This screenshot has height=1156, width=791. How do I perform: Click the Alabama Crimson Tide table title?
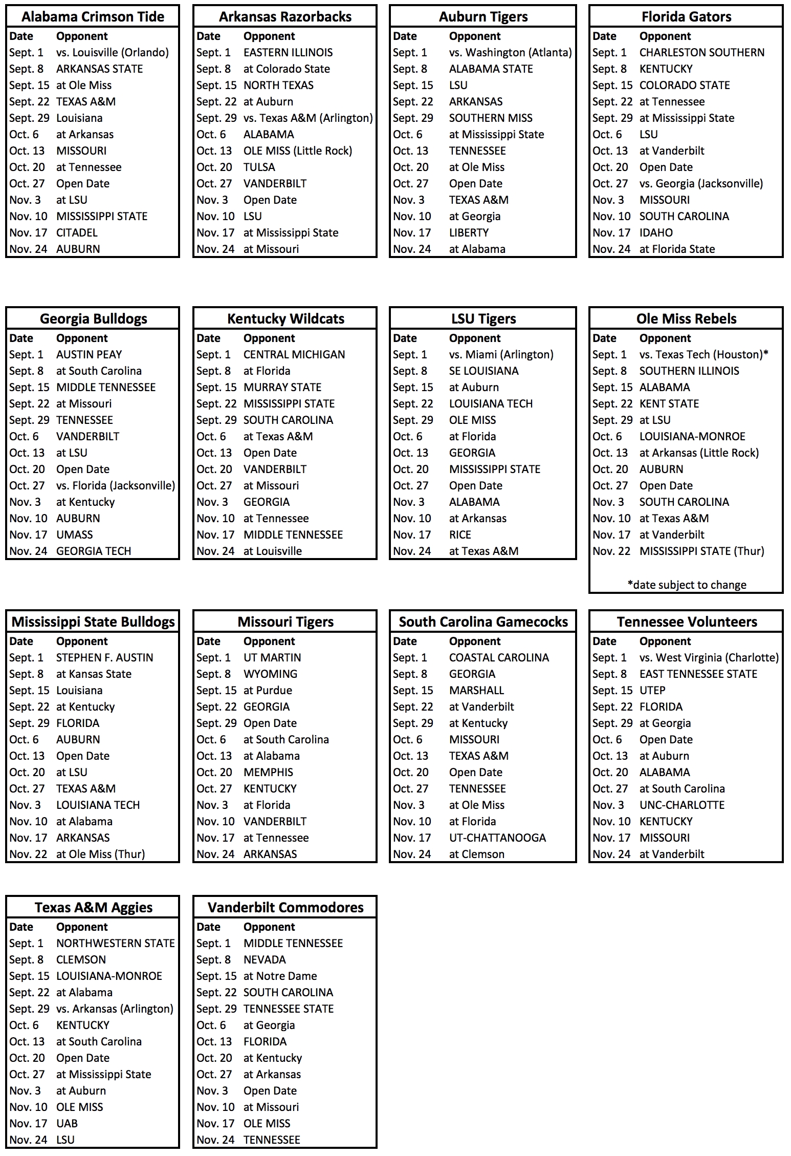(93, 17)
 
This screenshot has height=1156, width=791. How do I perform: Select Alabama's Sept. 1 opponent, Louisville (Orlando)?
(113, 53)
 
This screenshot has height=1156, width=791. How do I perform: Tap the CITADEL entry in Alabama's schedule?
(77, 233)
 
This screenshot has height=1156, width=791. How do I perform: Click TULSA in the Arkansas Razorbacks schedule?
(259, 167)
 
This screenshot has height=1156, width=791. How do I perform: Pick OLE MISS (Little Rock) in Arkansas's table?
(297, 151)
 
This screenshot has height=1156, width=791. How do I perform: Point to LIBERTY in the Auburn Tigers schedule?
(469, 233)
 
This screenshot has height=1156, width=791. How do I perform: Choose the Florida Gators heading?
(686, 17)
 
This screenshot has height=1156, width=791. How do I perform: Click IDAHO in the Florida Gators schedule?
(656, 233)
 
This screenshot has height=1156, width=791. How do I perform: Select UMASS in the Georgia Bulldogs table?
(75, 535)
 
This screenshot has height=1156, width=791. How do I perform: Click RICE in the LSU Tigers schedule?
(460, 535)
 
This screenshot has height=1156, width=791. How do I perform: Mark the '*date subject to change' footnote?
(687, 585)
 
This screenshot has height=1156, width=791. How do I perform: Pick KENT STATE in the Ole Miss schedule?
(669, 404)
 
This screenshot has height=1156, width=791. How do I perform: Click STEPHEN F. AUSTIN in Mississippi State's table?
(104, 658)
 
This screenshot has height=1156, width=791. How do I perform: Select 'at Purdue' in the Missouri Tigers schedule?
(268, 691)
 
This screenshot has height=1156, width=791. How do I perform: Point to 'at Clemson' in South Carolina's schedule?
(476, 854)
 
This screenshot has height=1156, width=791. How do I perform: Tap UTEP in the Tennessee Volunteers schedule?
(652, 691)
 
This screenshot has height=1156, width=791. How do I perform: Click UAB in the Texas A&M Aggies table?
(67, 1124)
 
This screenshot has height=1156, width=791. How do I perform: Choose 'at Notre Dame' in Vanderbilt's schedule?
(280, 976)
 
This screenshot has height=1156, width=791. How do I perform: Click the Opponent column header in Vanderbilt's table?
(269, 927)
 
